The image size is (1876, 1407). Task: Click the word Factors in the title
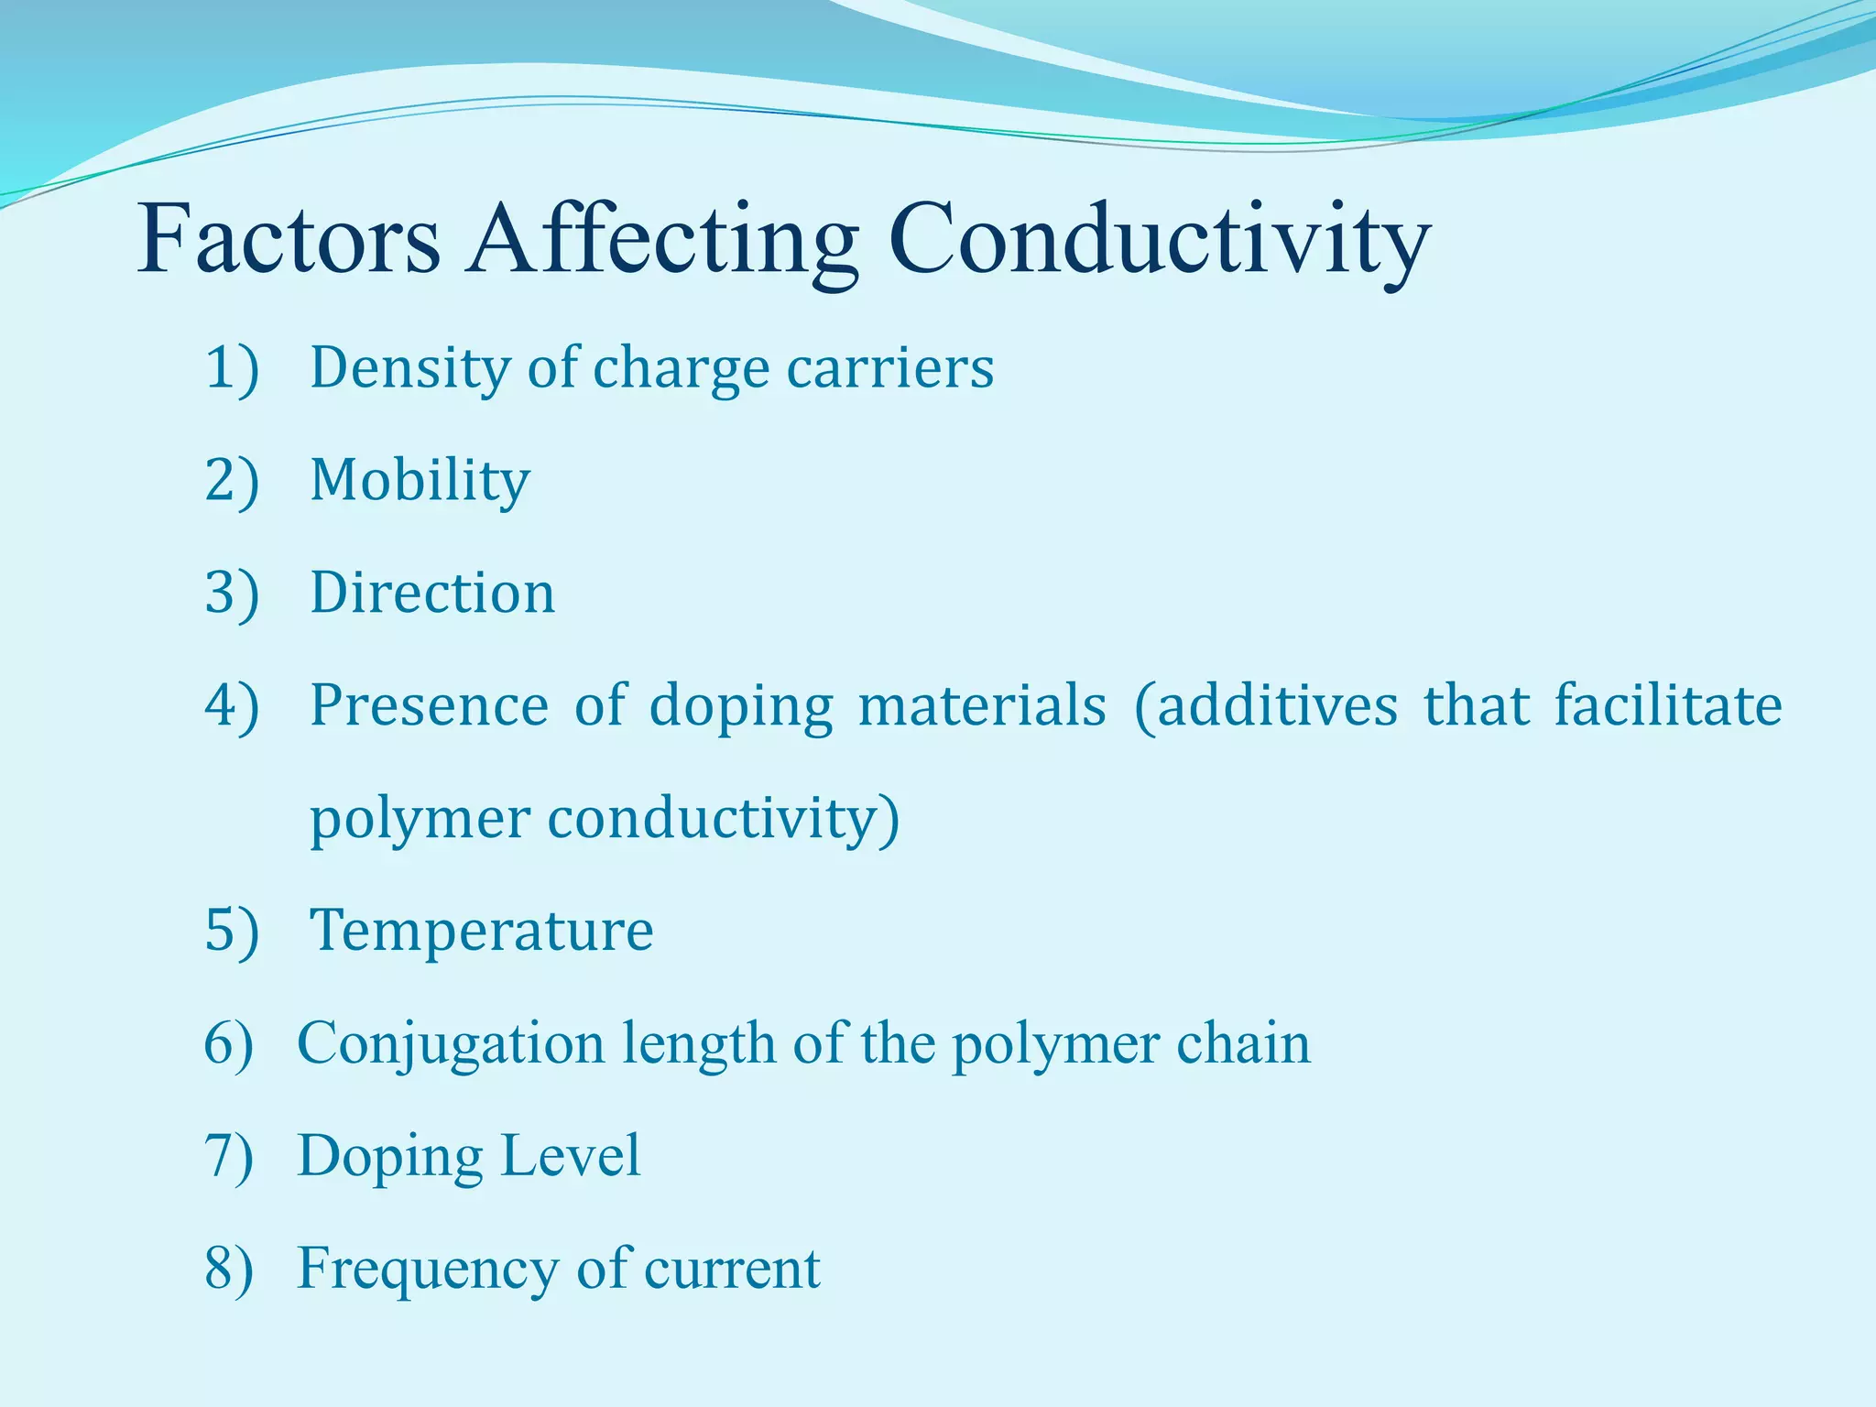click(x=289, y=240)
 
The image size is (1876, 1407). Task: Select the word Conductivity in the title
click(x=1158, y=240)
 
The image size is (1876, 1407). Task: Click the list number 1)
click(x=232, y=368)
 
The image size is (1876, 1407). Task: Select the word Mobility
click(x=420, y=481)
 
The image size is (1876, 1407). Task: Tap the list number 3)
click(x=232, y=594)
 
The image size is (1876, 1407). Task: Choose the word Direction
click(x=432, y=594)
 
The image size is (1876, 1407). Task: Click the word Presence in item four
click(x=429, y=706)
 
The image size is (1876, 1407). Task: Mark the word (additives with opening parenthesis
click(x=1265, y=706)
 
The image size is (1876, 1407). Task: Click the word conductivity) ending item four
click(x=724, y=819)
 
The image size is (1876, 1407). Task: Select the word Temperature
click(x=482, y=931)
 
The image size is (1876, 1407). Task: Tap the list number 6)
click(x=228, y=1043)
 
